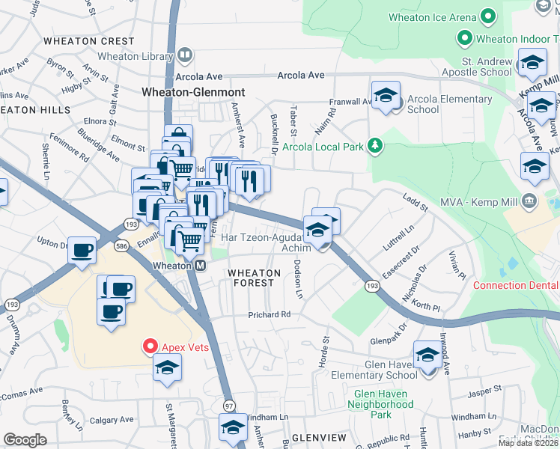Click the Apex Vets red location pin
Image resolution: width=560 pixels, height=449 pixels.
tap(150, 346)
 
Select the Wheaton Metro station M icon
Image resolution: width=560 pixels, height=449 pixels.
tap(200, 266)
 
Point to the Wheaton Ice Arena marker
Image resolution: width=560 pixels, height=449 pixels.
tap(488, 16)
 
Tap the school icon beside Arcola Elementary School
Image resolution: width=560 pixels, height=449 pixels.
tap(386, 96)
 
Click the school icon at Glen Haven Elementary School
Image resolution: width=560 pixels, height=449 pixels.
tap(427, 355)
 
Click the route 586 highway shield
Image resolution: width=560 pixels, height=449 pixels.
tap(121, 245)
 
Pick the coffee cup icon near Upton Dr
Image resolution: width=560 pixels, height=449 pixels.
tap(82, 250)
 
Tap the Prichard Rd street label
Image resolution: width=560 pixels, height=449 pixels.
tap(270, 315)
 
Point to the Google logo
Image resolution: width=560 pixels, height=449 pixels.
tap(25, 439)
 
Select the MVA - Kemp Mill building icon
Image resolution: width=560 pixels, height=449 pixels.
tap(529, 200)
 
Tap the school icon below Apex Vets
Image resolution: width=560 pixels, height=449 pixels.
tap(167, 367)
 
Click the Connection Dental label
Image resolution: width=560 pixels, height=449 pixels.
tap(516, 285)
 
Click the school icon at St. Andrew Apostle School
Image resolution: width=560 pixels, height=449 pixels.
tap(532, 63)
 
